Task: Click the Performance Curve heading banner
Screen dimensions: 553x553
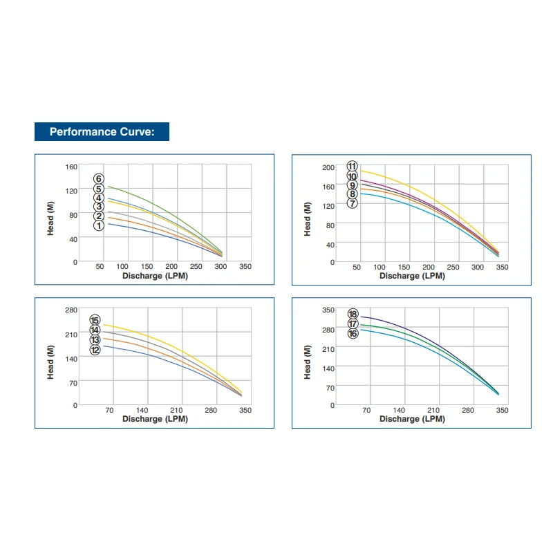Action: (102, 131)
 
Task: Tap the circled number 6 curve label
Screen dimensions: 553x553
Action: (99, 178)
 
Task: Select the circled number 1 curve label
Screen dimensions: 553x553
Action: (99, 225)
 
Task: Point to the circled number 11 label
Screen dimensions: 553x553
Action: (353, 166)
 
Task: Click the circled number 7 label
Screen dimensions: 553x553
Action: (353, 203)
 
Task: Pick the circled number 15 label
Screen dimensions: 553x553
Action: (95, 320)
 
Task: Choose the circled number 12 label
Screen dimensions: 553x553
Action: (95, 350)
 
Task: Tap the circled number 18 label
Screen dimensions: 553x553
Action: (353, 314)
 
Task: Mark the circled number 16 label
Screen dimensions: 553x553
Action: (353, 334)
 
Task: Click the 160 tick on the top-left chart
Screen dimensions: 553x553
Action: (71, 167)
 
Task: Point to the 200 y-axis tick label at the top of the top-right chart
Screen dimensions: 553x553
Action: (328, 167)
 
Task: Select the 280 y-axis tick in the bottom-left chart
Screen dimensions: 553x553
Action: (71, 309)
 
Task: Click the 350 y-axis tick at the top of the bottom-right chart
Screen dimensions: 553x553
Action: (328, 310)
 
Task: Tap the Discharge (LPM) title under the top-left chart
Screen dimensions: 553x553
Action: (155, 276)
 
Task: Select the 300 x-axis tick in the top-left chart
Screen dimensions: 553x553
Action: (221, 267)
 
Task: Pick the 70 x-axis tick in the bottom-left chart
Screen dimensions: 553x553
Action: (109, 411)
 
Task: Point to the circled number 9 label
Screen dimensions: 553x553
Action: (353, 185)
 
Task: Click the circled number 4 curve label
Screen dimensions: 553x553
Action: (99, 198)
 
